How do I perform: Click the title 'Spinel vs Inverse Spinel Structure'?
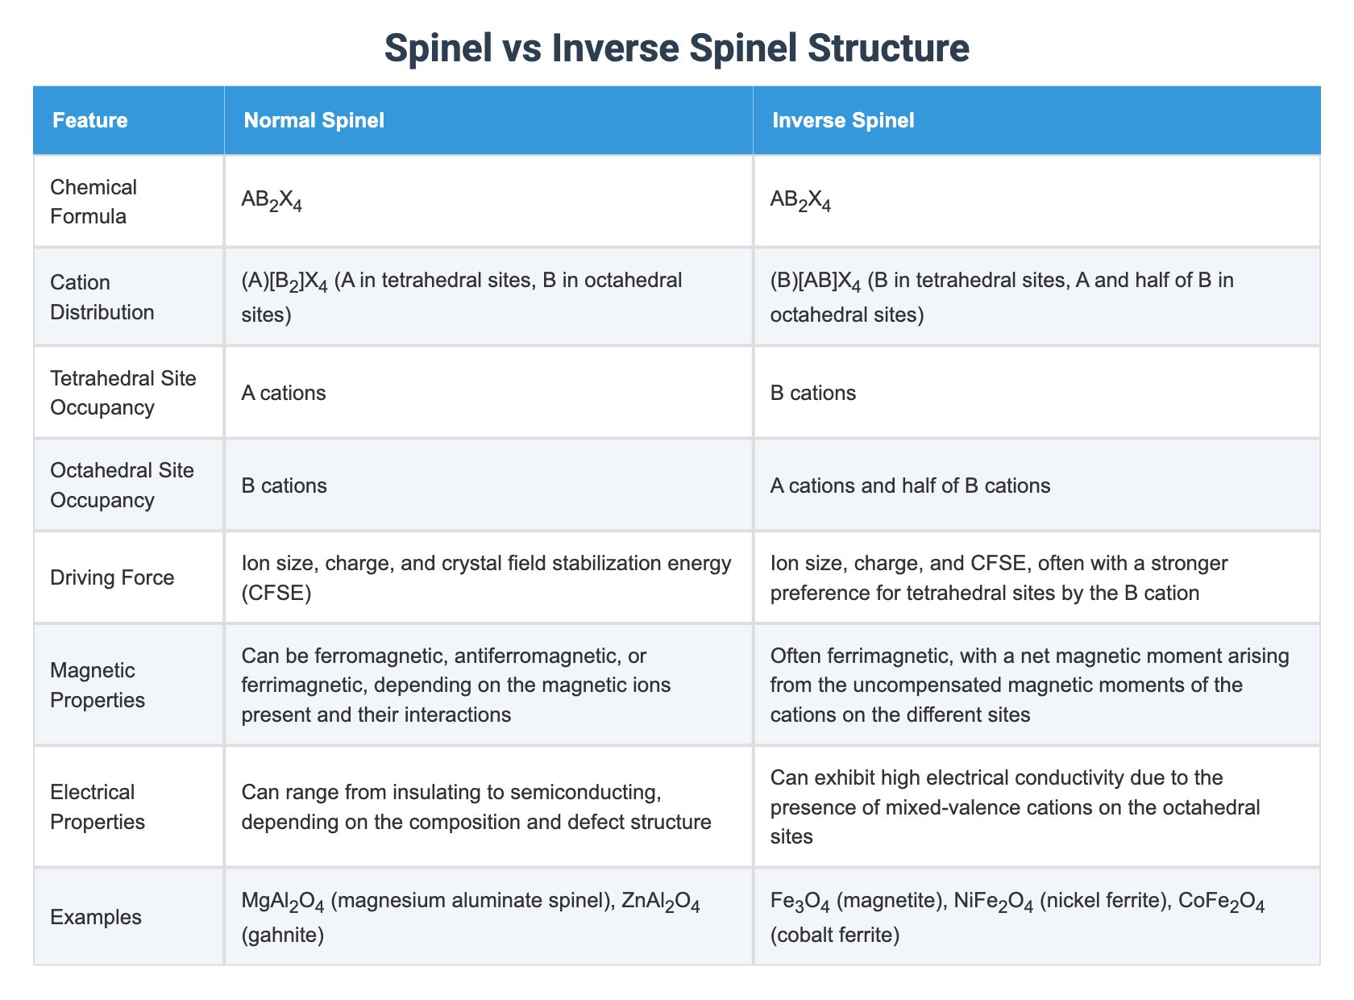pos(676,48)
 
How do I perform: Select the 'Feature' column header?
pos(89,121)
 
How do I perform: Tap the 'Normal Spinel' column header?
pos(314,121)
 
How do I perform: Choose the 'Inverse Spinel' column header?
pos(843,121)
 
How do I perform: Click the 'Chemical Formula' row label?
pos(93,202)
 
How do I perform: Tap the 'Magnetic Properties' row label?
pos(98,685)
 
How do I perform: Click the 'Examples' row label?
pos(96,917)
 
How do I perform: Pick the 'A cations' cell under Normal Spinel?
pos(284,393)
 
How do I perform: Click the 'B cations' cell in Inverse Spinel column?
pos(812,393)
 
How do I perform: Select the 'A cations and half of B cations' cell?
pos(910,485)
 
